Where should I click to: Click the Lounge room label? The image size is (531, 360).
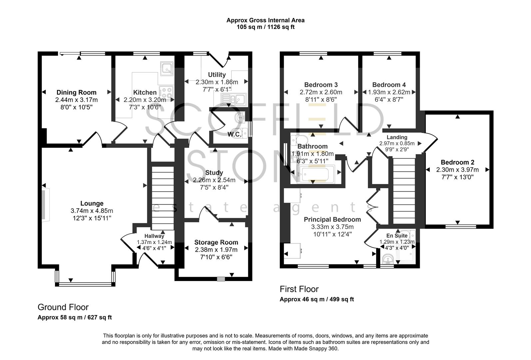tap(92, 203)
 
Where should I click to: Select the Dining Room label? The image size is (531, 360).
tap(76, 92)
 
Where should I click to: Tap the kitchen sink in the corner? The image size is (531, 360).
tap(167, 68)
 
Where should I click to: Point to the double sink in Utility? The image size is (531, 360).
tap(234, 98)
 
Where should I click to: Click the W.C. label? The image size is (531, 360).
tap(235, 134)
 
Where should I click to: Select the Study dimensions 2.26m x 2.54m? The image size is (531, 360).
tap(214, 180)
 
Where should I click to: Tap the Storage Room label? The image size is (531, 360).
tap(216, 242)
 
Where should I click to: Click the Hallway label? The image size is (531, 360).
tap(154, 236)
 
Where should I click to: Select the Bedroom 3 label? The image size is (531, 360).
tap(321, 85)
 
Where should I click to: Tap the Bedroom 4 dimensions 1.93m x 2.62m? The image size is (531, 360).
tap(389, 92)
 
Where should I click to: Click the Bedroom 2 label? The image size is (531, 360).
tap(457, 162)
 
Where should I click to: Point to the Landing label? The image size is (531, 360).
tap(397, 137)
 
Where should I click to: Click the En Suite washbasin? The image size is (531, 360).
tap(387, 259)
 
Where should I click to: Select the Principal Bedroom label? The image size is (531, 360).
tap(332, 219)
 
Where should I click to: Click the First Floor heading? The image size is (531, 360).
tap(299, 289)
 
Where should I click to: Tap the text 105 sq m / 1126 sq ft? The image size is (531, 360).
tap(265, 27)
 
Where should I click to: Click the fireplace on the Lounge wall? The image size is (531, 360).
tap(45, 204)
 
